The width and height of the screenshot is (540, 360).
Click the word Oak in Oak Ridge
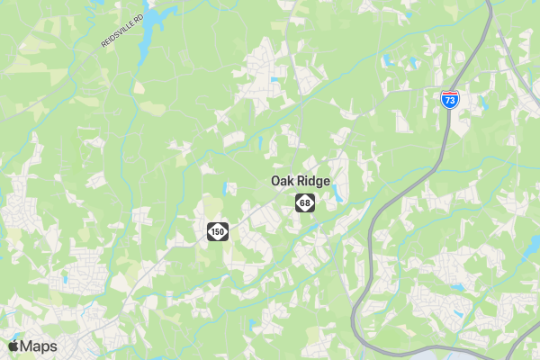283,181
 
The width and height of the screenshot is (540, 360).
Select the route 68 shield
306,203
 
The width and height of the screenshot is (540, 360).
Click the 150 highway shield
217,233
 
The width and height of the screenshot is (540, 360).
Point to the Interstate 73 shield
450,100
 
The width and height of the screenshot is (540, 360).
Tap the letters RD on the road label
139,21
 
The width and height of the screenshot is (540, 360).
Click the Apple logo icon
13,346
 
